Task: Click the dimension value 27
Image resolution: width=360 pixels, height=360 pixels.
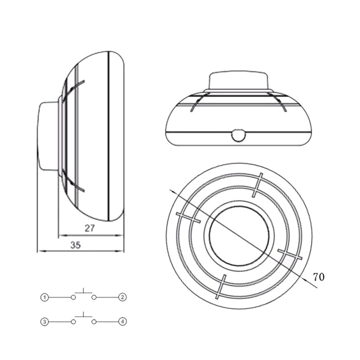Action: coord(90,228)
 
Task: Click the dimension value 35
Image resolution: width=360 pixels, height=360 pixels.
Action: coord(76,245)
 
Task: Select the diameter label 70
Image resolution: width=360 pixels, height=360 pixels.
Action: coord(319,277)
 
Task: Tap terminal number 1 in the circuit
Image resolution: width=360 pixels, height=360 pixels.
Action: coord(45,297)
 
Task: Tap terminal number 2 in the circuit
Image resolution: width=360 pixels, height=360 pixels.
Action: coord(121,297)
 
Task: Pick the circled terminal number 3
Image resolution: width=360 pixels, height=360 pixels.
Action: coord(45,322)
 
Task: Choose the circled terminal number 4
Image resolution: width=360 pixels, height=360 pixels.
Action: coord(121,322)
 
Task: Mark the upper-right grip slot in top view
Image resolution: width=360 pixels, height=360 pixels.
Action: coord(257,184)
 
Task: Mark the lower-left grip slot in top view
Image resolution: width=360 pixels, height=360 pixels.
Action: coord(220,286)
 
